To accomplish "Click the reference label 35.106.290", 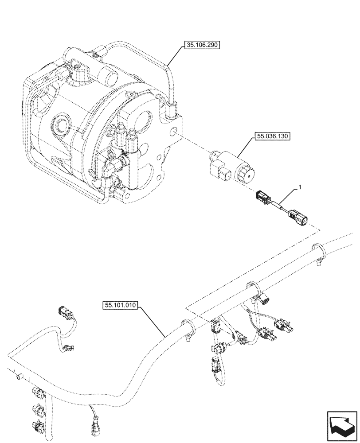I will point(201,45).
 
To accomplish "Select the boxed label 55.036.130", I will point(272,136).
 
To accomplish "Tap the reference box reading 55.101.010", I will point(121,305).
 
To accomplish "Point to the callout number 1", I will point(301,188).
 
